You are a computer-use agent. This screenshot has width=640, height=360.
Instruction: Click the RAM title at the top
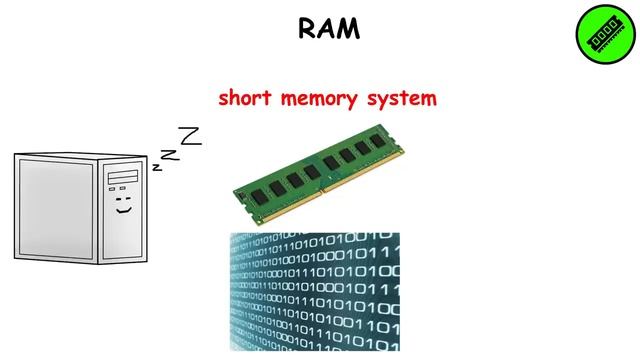coord(328,29)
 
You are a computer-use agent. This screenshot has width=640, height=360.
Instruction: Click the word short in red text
coord(244,98)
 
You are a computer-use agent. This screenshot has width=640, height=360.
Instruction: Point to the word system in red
coord(404,98)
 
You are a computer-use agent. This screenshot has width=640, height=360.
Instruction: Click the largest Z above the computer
coord(190,135)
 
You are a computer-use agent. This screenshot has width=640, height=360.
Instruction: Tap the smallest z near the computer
coord(157,167)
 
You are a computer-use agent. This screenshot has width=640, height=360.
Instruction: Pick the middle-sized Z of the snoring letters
coord(171,153)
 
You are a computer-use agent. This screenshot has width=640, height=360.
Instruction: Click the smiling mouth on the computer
coord(123,209)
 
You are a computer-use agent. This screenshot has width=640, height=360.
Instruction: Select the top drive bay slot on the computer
coord(123,176)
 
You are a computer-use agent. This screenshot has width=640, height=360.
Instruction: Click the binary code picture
coord(314,292)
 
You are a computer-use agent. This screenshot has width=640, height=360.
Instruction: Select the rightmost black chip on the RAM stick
coord(374,148)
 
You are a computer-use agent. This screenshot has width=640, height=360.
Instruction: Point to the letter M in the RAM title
coord(350,29)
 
